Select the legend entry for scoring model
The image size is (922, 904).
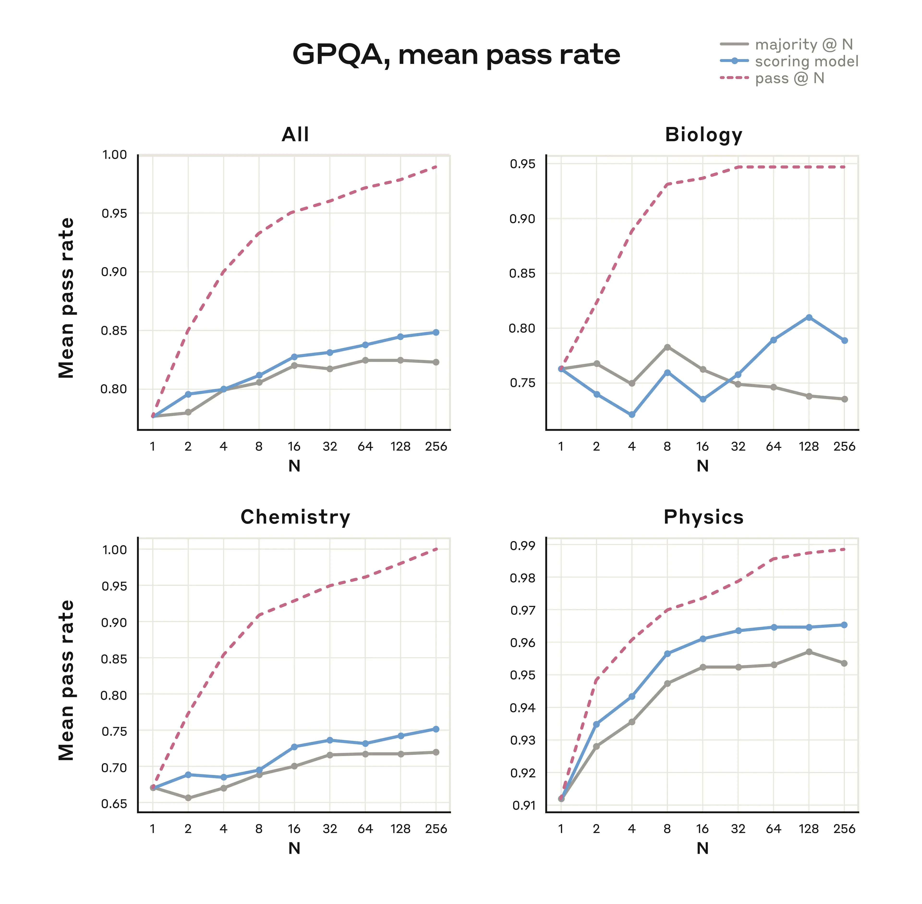806,61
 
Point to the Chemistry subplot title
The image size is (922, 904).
295,517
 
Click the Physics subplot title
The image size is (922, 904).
703,517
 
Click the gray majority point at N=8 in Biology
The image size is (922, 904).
667,347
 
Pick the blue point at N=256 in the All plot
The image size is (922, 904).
436,332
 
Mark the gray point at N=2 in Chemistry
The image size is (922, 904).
188,798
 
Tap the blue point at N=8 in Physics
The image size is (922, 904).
667,654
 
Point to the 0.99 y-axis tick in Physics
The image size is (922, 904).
522,545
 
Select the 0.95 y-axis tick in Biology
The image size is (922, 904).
522,164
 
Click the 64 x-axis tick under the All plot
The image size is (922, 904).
365,446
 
